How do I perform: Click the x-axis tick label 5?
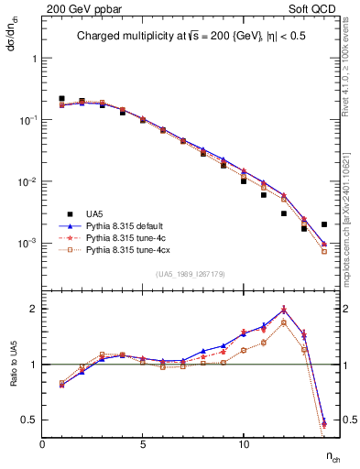pos(143,444)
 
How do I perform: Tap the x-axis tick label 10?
pos(244,444)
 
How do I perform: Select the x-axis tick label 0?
pos(42,444)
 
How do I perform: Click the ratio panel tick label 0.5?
pos(29,420)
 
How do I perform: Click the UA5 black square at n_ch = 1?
pos(62,98)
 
